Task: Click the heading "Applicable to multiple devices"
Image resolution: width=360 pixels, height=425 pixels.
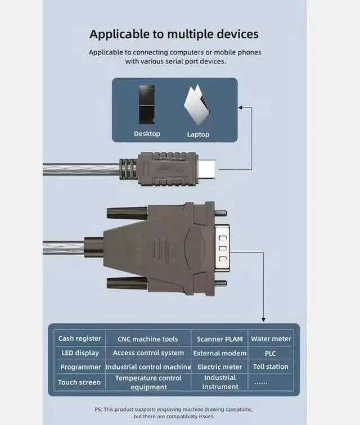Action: pos(174,34)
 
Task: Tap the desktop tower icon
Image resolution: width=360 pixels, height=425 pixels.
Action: pos(147,105)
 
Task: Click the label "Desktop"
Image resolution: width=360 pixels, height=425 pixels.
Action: pos(147,134)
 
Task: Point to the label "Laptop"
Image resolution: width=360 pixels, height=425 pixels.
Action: pos(198,134)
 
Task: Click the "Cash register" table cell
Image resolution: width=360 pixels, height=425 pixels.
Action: pos(80,338)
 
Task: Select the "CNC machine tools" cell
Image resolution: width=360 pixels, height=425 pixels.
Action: pos(148,339)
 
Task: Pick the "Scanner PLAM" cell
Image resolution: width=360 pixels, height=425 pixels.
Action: pos(219,339)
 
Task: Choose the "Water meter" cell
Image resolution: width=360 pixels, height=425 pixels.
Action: pos(271,339)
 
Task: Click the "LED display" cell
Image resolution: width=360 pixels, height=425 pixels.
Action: pos(80,353)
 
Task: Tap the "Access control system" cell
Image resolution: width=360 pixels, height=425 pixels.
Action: pos(148,353)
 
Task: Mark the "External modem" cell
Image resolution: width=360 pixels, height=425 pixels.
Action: pos(219,353)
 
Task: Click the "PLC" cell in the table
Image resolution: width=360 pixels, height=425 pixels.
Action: pos(271,354)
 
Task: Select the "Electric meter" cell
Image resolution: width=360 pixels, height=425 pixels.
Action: pos(219,367)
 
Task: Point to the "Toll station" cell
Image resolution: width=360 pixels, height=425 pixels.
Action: pos(271,367)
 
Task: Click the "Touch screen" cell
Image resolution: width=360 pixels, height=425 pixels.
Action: pos(79,382)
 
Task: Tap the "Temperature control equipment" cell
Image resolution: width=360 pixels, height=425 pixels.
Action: pos(148,382)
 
